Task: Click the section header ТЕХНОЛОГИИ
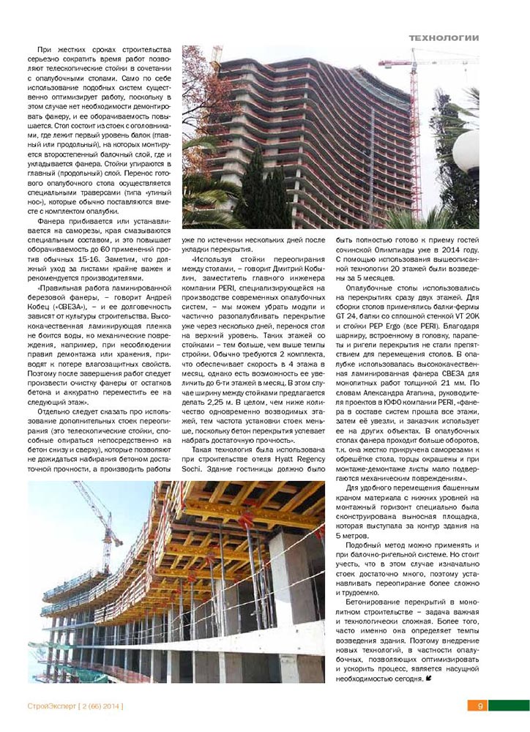click(443, 37)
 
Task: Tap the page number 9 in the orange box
click(480, 706)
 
